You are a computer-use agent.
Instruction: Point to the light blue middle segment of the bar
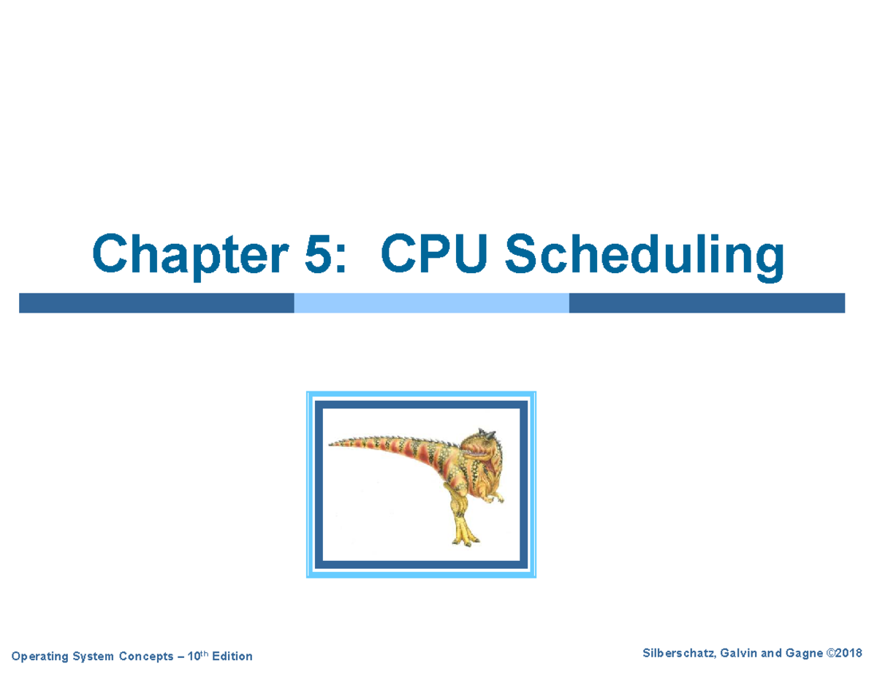431,303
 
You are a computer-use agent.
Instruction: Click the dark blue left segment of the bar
156,303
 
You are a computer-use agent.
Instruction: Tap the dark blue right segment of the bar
706,303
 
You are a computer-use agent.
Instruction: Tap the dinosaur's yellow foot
463,538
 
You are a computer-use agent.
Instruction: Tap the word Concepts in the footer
147,657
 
